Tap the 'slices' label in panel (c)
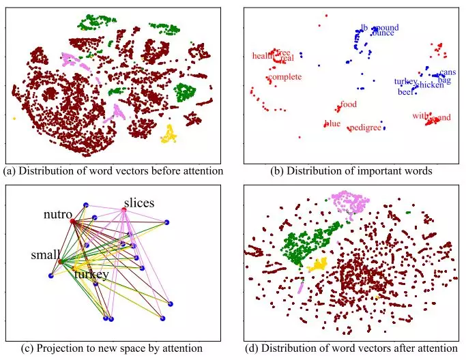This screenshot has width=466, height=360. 139,203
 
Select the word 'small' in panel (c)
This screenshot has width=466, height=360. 45,255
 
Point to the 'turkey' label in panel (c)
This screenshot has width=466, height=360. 91,274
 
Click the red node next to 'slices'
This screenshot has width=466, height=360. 124,210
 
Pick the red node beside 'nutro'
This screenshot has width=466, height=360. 72,220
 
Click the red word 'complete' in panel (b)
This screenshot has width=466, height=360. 285,77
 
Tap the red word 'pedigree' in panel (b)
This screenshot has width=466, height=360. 365,127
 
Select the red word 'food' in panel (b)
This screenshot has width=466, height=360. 349,104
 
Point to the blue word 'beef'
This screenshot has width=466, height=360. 405,91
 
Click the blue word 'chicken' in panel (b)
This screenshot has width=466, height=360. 429,85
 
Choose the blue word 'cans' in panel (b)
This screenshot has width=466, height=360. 448,72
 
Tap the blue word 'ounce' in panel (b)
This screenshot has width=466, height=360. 383,33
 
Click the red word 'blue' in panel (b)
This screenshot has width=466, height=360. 332,123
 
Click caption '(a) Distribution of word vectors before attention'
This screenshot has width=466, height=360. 113,170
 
